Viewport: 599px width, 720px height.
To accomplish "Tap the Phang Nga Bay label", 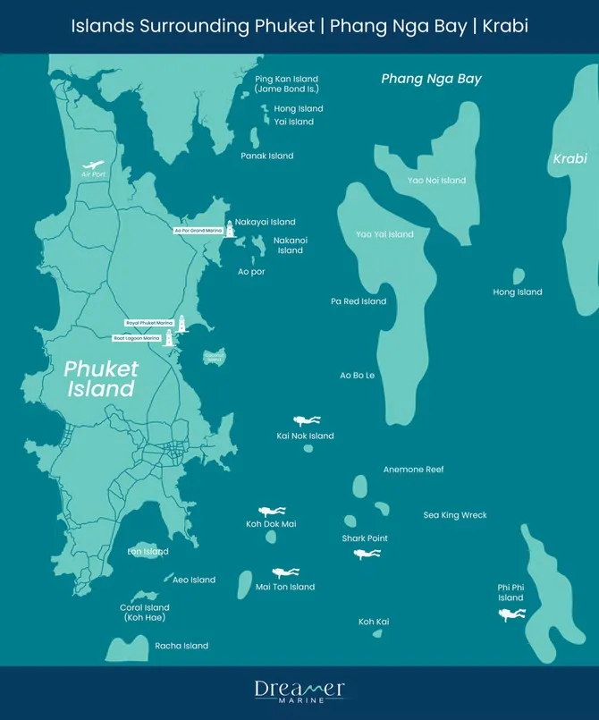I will click(431, 79).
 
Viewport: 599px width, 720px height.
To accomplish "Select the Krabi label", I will click(569, 158).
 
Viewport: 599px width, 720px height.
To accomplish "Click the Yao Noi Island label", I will click(436, 181).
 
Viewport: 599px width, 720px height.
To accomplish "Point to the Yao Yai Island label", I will click(384, 234).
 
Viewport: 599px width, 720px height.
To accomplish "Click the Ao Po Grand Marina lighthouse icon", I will click(229, 230).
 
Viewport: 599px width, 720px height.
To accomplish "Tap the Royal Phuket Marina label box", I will click(149, 322).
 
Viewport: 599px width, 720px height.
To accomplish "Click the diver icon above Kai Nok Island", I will click(307, 419).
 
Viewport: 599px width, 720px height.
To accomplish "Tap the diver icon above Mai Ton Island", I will click(285, 572).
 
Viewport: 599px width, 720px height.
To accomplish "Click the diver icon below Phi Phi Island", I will click(511, 614).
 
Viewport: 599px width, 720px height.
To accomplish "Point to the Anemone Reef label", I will click(413, 470).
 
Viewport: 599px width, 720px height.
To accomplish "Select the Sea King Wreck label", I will click(454, 515).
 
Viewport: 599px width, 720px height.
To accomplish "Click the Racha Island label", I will click(181, 646).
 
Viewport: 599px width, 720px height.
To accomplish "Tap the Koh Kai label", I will click(374, 622).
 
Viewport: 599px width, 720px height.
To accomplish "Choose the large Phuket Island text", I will click(100, 378).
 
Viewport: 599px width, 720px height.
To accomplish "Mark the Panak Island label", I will click(267, 156).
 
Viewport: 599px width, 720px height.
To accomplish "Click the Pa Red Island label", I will click(359, 301).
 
